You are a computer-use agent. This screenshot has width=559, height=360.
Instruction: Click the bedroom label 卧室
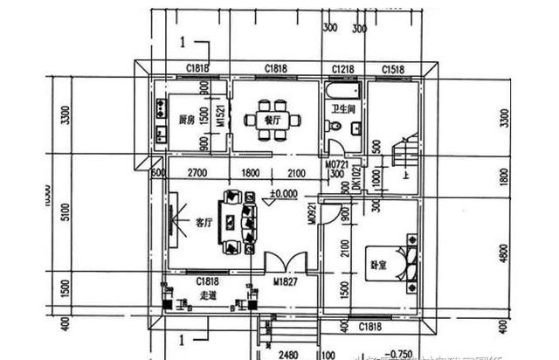coord(377,262)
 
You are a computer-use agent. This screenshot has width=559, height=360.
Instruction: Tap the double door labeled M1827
coord(286,281)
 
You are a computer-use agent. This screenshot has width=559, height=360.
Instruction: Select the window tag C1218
coord(342,69)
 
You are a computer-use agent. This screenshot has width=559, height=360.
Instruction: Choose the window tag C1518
coord(392,69)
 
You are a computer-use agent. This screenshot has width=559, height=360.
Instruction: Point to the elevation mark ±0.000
coord(283,194)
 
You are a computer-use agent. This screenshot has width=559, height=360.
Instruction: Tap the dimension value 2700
coord(197,173)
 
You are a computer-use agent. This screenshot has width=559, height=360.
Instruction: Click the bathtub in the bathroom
coord(341,91)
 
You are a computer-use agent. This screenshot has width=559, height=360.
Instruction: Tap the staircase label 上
coord(406,173)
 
